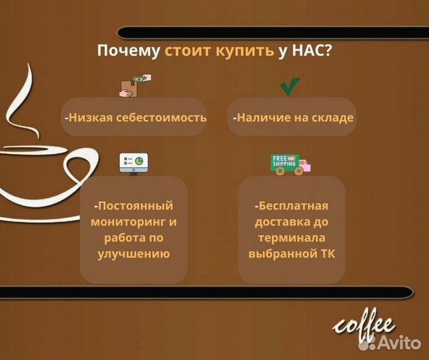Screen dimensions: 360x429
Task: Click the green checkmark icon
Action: pos(289,87)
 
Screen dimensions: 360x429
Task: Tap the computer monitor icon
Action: pos(133,163)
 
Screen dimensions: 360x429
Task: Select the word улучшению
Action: pos(133,253)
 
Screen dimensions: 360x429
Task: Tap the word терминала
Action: pos(291,237)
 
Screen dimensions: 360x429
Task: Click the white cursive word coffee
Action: pos(364,326)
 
